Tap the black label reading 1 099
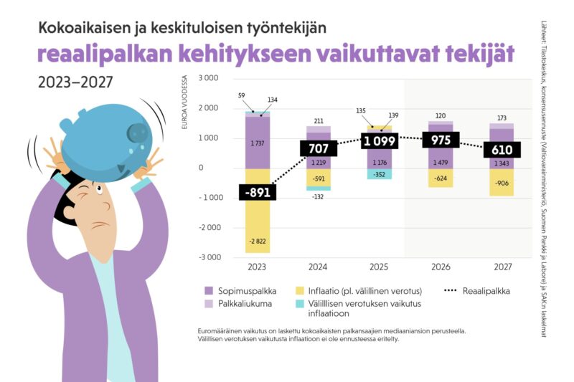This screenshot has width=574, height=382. click(379, 140)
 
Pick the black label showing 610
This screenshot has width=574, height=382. click(501, 150)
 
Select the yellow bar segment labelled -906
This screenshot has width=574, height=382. click(501, 182)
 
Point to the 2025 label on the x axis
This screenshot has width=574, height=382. click(379, 267)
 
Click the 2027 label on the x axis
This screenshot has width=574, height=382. click(501, 267)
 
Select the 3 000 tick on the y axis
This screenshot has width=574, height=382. click(209, 77)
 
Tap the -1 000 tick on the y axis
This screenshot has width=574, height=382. click(207, 198)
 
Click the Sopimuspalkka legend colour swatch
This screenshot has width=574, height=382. click(210, 291)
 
